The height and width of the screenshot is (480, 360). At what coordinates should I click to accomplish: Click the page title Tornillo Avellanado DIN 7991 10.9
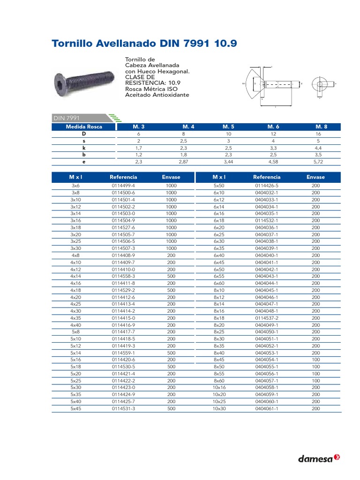144,44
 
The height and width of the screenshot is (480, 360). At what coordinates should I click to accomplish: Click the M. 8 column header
321,127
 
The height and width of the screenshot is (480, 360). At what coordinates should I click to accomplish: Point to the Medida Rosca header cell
84,127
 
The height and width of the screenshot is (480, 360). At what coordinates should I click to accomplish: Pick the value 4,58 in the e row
273,161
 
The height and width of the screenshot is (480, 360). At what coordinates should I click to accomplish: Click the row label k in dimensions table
84,147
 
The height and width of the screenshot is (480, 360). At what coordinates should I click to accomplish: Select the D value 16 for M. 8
321,134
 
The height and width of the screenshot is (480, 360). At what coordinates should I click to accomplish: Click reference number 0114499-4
123,186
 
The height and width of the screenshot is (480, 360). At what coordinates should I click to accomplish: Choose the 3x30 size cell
75,248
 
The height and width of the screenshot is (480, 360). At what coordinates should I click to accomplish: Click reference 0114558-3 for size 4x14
123,276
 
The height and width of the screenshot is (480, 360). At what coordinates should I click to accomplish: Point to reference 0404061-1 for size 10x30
267,409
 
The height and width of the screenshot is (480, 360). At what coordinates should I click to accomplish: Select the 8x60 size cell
219,381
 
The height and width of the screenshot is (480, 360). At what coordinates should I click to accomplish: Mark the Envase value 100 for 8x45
315,360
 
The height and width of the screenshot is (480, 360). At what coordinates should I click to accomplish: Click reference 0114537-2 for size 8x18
267,318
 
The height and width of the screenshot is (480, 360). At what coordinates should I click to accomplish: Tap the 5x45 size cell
75,409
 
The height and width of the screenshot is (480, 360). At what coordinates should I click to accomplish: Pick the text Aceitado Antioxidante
157,95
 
